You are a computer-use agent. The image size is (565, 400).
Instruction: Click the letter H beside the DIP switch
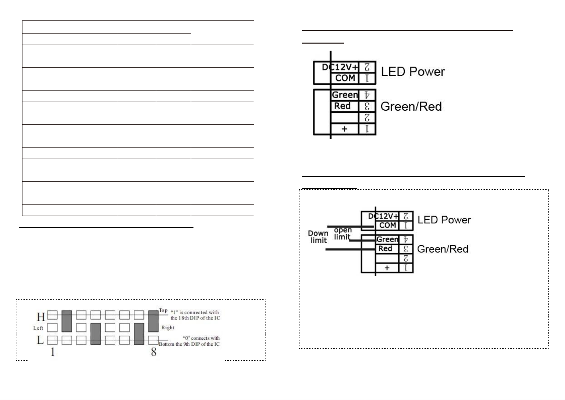click(41, 317)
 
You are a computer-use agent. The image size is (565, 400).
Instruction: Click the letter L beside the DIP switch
click(40, 340)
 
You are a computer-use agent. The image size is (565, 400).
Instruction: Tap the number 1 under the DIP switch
click(53, 352)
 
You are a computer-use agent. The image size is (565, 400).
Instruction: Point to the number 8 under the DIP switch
click(154, 352)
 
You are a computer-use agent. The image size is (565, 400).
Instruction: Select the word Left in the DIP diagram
click(38, 328)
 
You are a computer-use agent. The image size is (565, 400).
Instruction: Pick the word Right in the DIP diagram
click(168, 328)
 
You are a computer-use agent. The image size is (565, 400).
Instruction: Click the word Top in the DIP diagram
click(163, 310)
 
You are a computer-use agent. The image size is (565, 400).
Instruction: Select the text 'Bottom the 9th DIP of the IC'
click(189, 344)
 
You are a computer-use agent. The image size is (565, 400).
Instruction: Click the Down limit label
click(318, 237)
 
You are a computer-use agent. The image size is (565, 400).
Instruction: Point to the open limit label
click(342, 233)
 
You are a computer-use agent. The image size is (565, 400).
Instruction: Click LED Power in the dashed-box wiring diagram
click(444, 220)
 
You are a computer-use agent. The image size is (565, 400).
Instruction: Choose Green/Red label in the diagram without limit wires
click(411, 107)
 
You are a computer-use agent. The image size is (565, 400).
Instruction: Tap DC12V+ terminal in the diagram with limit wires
click(383, 216)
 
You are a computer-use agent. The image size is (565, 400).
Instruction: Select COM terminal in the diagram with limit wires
click(387, 225)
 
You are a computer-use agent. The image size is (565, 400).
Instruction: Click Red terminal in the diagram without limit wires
click(342, 106)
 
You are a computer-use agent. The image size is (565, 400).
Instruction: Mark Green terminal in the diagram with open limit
click(387, 239)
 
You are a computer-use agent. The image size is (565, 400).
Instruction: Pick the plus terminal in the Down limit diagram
click(387, 268)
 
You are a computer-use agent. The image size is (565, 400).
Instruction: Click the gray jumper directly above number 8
click(153, 321)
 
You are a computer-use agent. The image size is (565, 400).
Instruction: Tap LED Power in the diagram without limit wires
click(413, 71)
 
